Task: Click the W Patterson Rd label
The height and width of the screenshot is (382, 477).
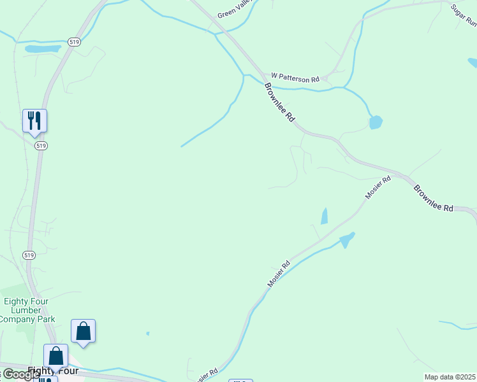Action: click(x=295, y=77)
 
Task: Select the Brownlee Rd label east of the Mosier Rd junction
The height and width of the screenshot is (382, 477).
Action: click(x=433, y=199)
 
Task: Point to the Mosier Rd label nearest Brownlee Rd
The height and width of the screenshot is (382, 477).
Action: click(x=378, y=188)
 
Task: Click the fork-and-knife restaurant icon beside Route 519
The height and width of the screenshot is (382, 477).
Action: click(x=34, y=121)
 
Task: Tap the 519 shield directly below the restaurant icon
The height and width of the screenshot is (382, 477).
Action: click(x=41, y=146)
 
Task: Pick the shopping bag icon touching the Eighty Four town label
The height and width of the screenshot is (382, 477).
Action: click(x=55, y=357)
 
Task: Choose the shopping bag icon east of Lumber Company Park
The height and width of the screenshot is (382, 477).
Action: click(x=83, y=331)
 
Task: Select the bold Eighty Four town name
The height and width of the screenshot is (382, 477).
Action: click(x=53, y=371)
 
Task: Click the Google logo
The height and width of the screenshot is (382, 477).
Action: click(x=19, y=374)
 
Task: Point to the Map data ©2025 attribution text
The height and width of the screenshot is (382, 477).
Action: click(x=450, y=377)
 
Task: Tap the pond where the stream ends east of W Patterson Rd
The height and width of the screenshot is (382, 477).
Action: click(x=376, y=122)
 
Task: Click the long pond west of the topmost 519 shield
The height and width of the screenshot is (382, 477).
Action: click(x=43, y=48)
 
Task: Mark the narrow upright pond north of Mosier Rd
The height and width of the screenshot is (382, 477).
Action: click(x=324, y=216)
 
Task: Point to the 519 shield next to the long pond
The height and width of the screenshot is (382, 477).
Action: click(x=74, y=42)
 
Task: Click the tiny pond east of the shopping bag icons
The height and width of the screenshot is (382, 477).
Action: click(x=147, y=333)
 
